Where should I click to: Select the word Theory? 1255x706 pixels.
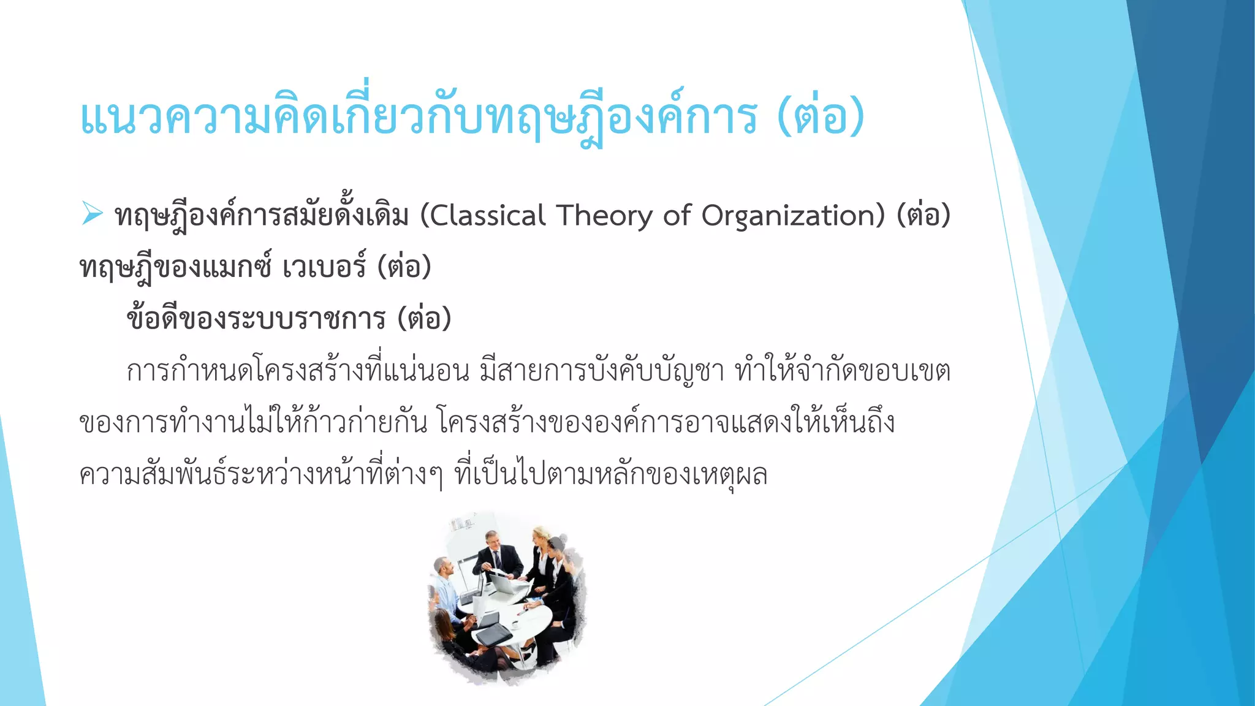click(604, 216)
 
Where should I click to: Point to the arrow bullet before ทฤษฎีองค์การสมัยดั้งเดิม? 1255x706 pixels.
click(92, 214)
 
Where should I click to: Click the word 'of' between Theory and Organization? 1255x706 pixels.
click(677, 216)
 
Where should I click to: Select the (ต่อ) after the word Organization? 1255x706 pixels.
click(923, 216)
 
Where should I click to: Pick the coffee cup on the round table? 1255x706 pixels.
click(515, 624)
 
